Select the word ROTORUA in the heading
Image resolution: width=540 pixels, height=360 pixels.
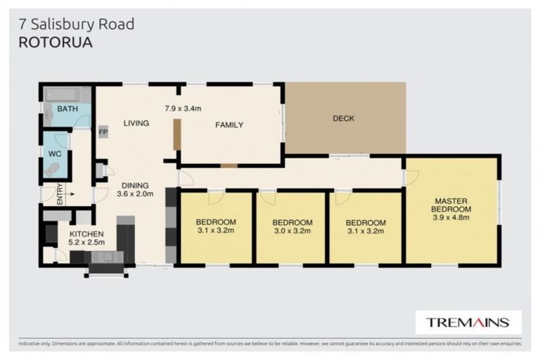tap(53, 41)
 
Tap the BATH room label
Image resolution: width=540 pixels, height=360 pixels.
tap(67, 109)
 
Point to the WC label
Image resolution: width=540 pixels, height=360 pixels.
tap(55, 153)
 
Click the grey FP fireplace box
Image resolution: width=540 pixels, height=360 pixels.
tap(103, 132)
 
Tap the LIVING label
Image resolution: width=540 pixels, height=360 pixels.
tap(136, 123)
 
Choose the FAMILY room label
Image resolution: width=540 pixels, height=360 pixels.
tap(229, 125)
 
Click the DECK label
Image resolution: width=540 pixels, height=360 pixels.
tap(343, 118)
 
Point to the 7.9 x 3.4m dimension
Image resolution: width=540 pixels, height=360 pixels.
tap(183, 108)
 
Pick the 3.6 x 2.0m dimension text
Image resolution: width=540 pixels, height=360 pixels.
tap(135, 194)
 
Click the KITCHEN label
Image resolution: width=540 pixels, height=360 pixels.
tap(86, 233)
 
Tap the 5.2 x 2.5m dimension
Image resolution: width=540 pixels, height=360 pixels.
tap(86, 243)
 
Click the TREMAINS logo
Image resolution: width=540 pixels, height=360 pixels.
tap(468, 323)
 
